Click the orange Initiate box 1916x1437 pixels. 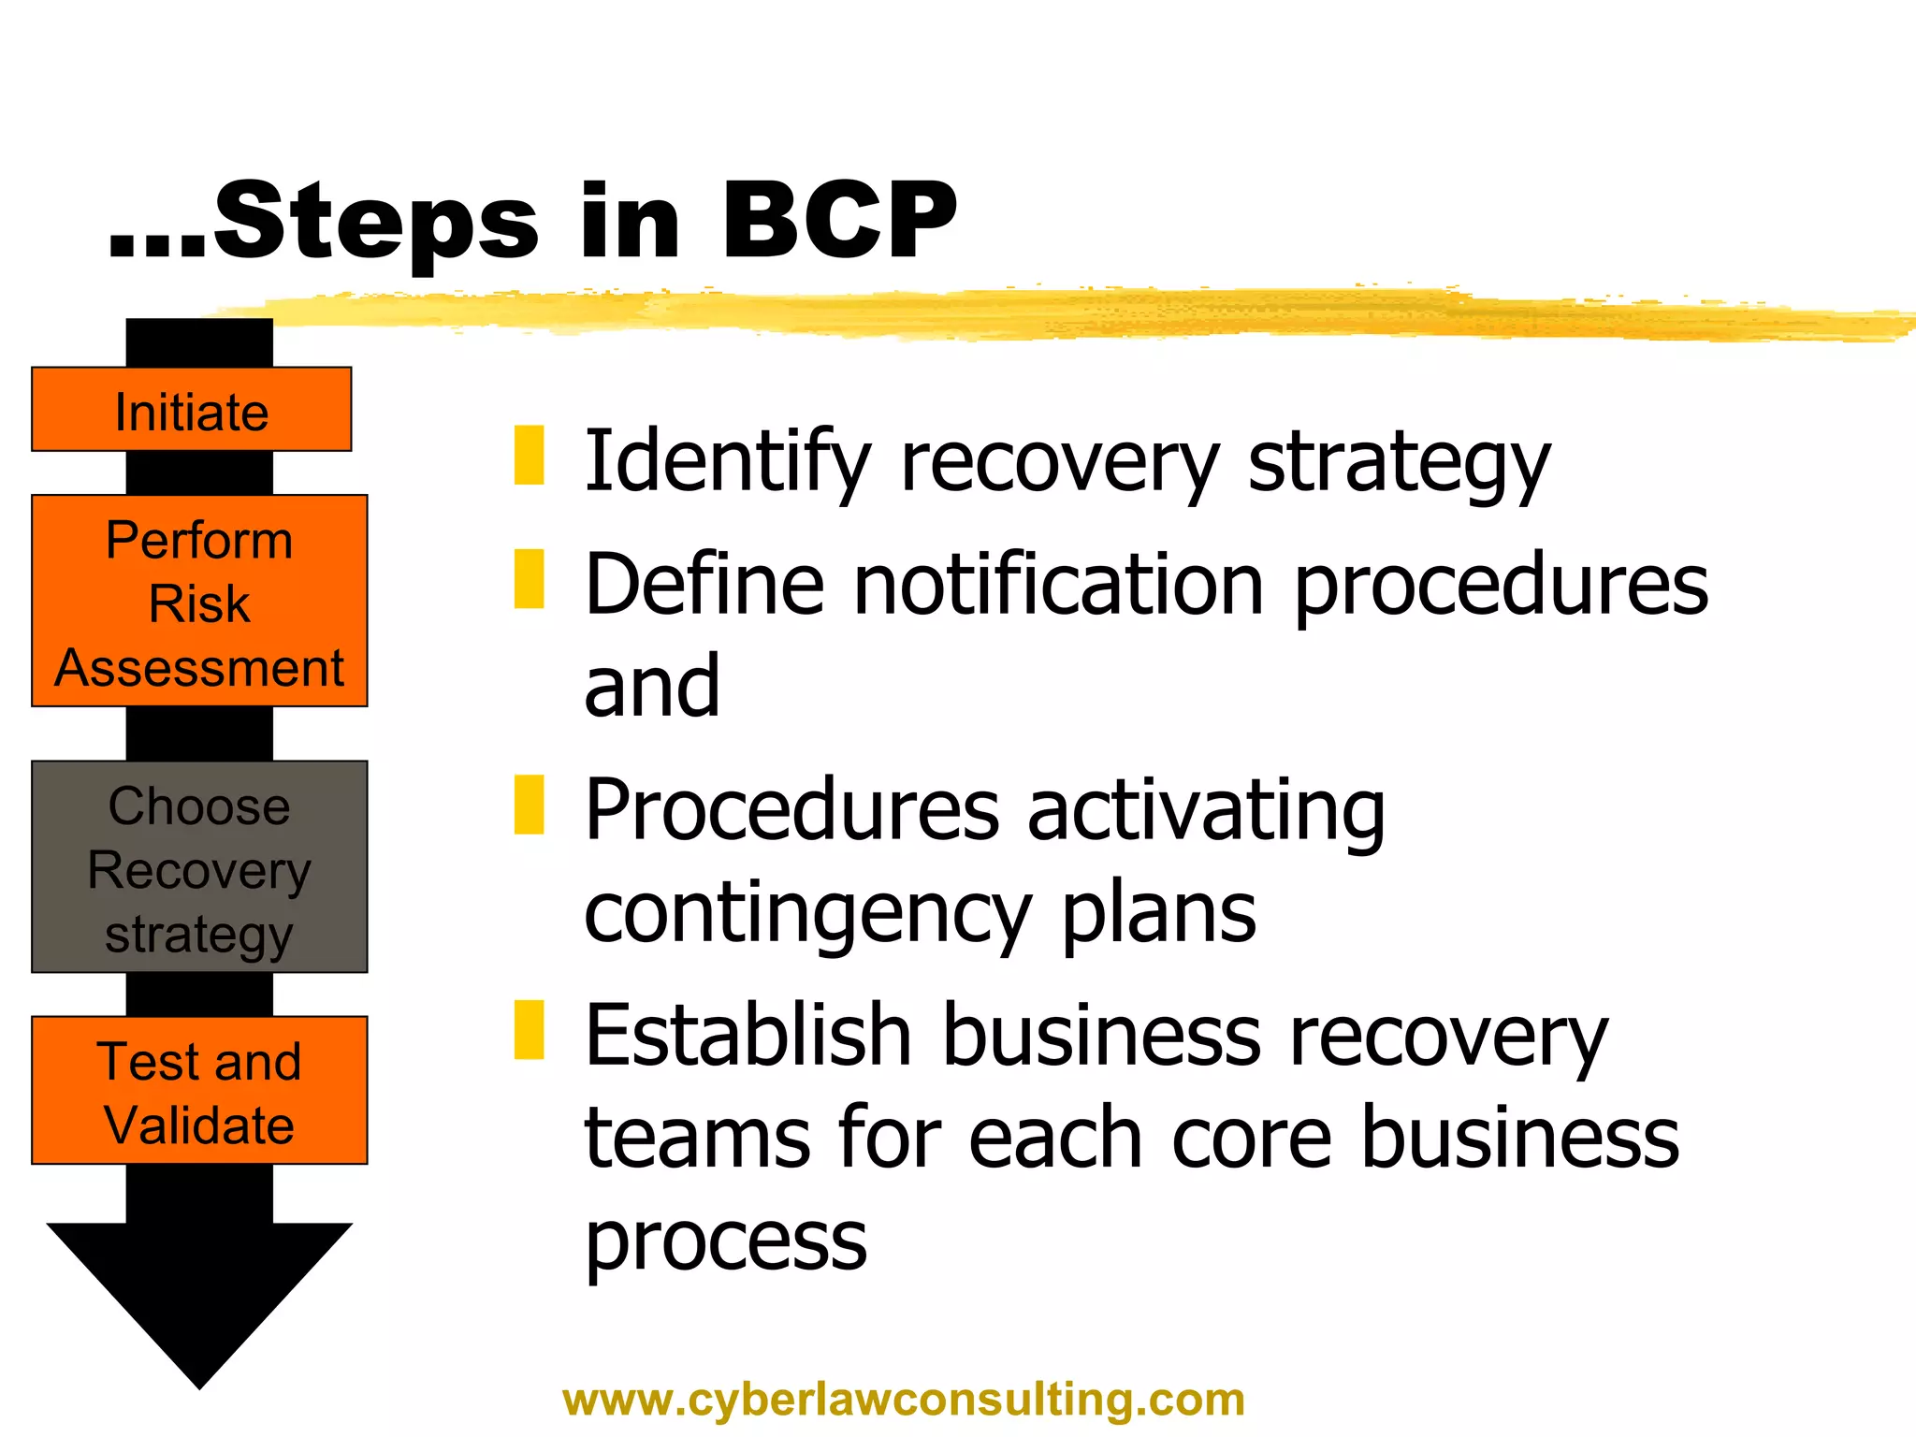pyautogui.click(x=191, y=410)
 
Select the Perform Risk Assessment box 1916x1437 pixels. pyautogui.click(x=199, y=601)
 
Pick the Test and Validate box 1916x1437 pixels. pyautogui.click(x=199, y=1090)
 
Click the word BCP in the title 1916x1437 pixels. pyautogui.click(x=838, y=221)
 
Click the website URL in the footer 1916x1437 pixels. pyautogui.click(x=904, y=1400)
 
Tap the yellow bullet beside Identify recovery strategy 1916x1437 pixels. pyautogui.click(x=530, y=456)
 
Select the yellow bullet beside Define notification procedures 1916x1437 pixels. pyautogui.click(x=530, y=579)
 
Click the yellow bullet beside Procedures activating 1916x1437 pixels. pyautogui.click(x=530, y=805)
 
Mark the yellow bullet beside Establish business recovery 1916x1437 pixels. pyautogui.click(x=530, y=1030)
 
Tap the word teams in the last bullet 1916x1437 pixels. pyautogui.click(x=696, y=1139)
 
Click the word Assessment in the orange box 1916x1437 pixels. pyautogui.click(x=199, y=668)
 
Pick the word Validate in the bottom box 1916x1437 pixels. pyautogui.click(x=199, y=1125)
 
